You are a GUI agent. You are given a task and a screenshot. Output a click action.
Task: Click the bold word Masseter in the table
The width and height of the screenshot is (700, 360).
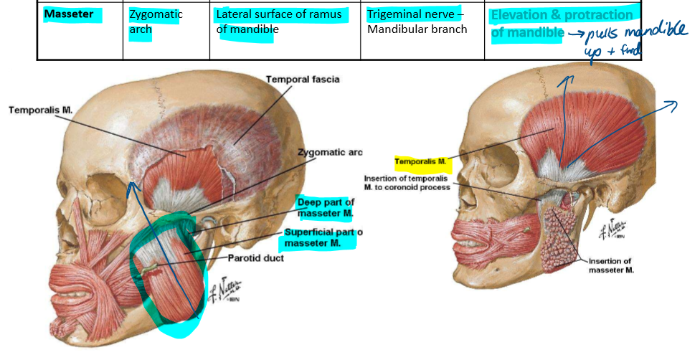[x=69, y=14]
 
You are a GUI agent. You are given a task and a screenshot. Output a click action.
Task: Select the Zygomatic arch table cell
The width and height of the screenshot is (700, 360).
[x=156, y=22]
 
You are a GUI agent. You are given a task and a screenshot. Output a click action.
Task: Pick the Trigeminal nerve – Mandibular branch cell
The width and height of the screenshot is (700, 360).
[x=417, y=22]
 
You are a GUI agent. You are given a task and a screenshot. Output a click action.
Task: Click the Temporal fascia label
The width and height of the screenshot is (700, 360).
[x=302, y=79]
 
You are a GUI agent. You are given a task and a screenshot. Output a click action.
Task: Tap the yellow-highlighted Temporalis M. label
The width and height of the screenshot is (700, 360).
[x=422, y=161]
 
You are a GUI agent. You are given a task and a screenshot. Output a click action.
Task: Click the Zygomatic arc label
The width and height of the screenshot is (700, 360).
[x=330, y=152]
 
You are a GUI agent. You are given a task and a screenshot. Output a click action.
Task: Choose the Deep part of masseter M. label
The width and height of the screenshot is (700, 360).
[x=325, y=207]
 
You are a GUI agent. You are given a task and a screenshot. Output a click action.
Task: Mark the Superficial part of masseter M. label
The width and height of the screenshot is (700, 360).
[x=320, y=238]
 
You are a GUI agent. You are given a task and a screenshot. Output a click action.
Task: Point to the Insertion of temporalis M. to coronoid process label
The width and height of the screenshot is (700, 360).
[x=407, y=183]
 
